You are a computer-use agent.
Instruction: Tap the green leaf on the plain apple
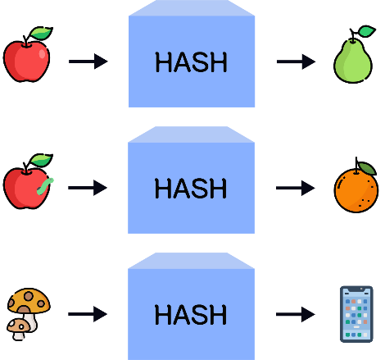click(41, 34)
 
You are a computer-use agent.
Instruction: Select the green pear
click(353, 60)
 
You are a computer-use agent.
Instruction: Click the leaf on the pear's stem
click(366, 31)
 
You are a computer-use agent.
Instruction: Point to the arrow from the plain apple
click(88, 62)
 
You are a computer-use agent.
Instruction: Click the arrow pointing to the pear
click(296, 62)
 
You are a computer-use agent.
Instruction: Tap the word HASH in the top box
click(191, 62)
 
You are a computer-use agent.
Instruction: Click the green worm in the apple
click(45, 186)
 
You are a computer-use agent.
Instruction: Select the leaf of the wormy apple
click(41, 160)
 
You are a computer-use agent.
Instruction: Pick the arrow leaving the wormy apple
click(88, 188)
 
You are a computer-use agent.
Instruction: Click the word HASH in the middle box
click(191, 189)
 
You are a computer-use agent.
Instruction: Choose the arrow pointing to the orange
click(296, 188)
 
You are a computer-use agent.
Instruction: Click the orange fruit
click(356, 189)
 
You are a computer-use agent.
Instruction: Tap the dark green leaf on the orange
click(368, 168)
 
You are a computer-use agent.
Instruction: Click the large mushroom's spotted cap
click(29, 301)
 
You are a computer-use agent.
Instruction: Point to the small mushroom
click(18, 329)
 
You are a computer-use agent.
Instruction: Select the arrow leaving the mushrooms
click(88, 314)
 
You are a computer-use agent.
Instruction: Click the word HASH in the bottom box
click(191, 315)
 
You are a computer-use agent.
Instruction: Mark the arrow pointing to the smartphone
click(296, 314)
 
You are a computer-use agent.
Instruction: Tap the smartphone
click(356, 314)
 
